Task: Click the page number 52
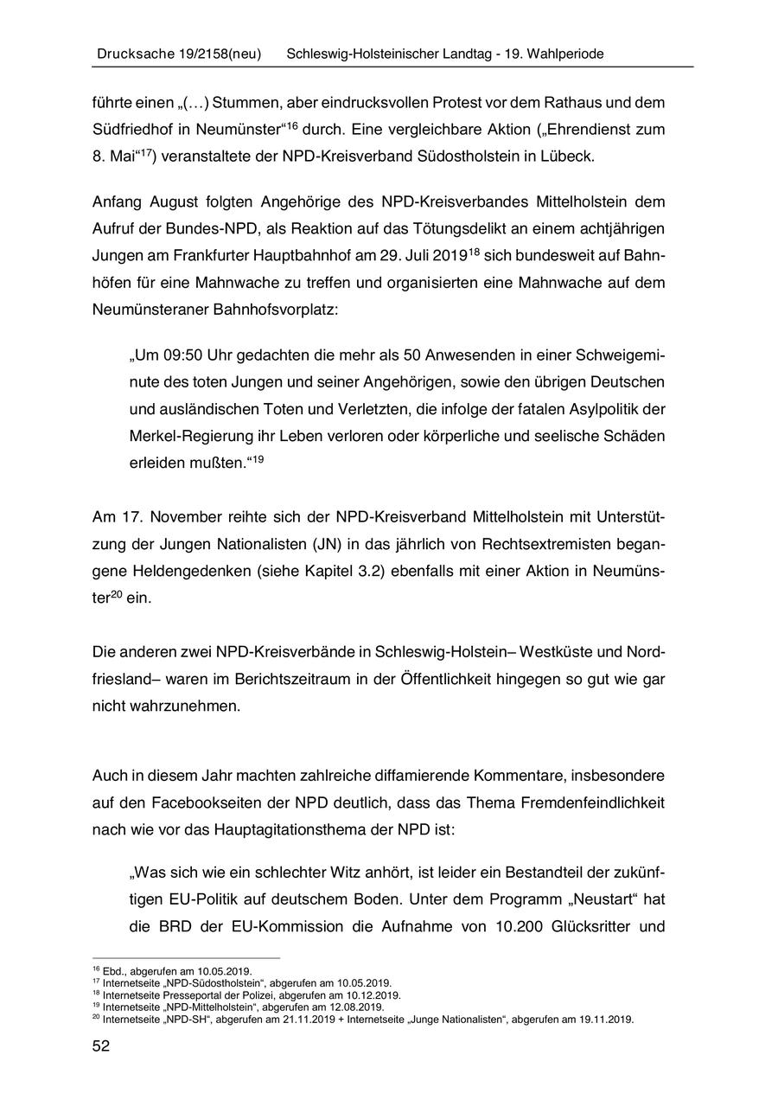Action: coord(100,1046)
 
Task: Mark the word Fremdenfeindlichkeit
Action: coord(593,802)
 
